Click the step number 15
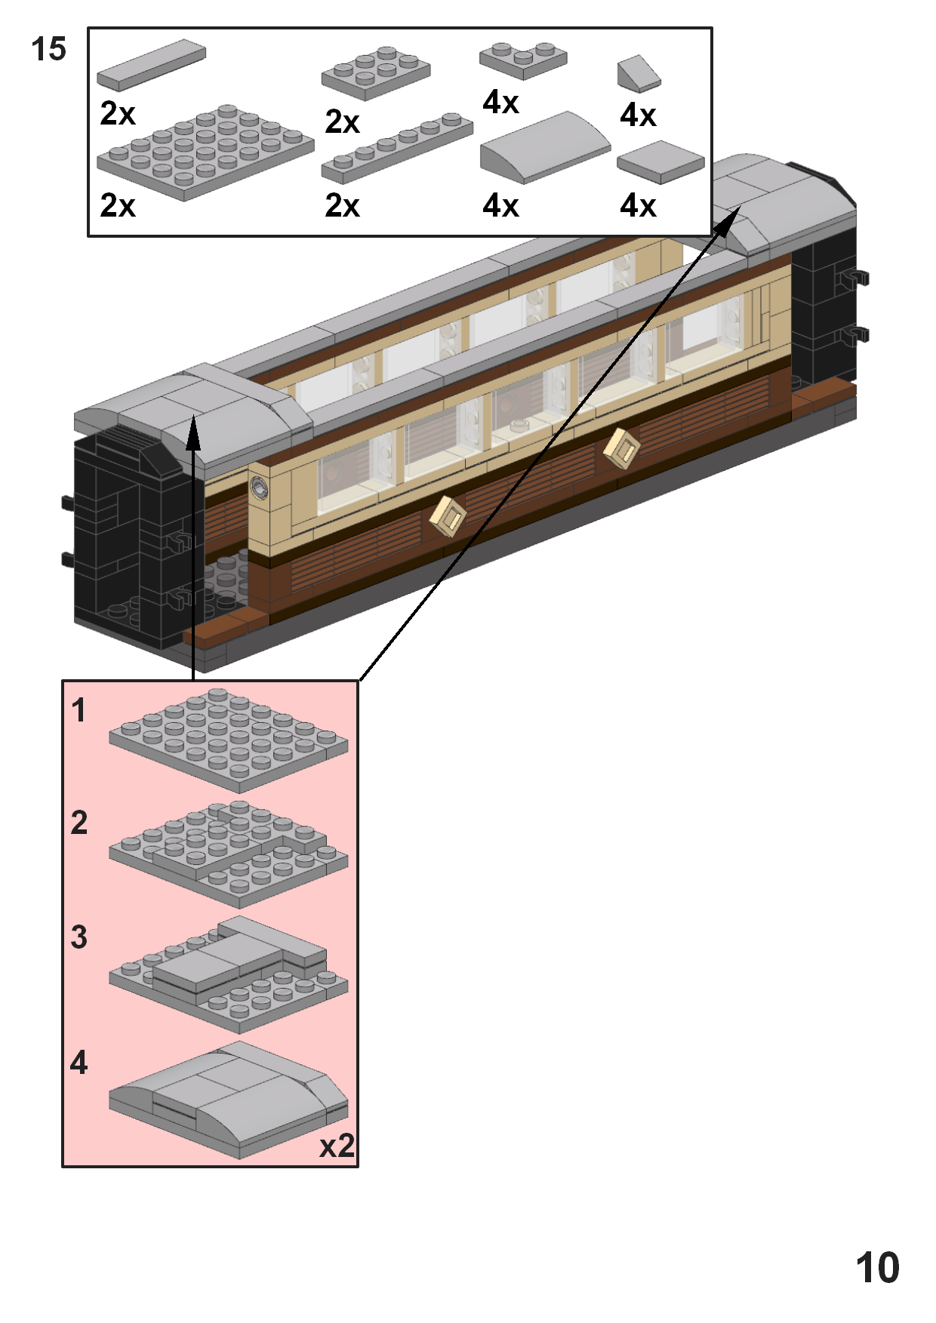(49, 50)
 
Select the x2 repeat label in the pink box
(337, 1146)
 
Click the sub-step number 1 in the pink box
(79, 710)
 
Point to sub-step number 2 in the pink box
(79, 823)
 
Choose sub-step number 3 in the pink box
(79, 937)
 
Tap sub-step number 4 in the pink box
(79, 1063)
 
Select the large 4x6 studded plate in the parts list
(205, 152)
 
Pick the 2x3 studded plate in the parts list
(376, 73)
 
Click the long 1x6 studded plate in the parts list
(397, 148)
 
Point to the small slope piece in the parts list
(638, 73)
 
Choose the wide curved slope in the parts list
(544, 147)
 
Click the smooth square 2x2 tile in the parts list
(660, 162)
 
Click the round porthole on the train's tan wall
(260, 488)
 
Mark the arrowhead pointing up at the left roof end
(194, 432)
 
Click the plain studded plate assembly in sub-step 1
(228, 740)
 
